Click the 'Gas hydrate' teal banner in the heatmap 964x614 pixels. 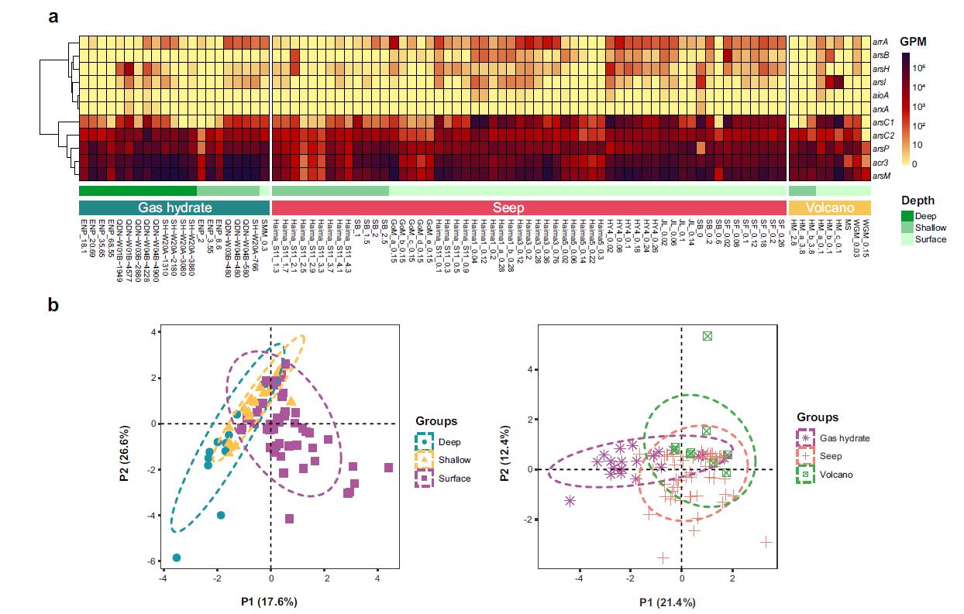174,208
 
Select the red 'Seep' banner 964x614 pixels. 528,208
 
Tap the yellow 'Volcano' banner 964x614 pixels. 829,208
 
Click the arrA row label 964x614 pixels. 880,42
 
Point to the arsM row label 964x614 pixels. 881,176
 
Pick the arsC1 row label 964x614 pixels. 883,122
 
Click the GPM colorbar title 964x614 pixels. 913,41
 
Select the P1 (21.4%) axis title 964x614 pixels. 666,602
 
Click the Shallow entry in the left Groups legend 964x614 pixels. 455,460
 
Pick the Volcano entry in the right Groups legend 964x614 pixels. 836,474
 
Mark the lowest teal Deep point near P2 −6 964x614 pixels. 177,557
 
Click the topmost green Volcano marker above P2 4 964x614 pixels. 708,335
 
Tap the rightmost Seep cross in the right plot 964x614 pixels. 766,543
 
